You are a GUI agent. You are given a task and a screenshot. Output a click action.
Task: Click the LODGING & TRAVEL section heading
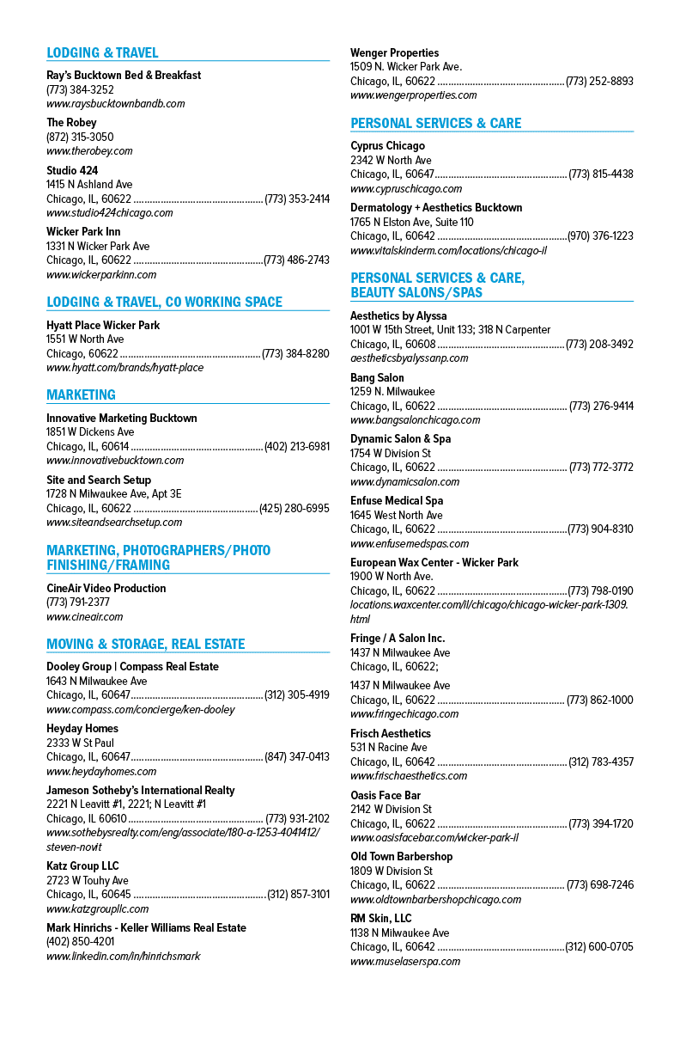102,52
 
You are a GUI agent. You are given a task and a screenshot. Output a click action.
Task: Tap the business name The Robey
71,123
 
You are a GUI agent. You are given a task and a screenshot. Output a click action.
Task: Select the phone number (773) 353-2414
297,199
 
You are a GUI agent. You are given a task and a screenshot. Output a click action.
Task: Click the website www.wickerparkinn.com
101,275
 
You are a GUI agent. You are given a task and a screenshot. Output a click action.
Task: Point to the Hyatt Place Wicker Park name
103,325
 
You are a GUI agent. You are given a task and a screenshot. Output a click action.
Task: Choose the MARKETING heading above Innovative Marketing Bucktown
82,395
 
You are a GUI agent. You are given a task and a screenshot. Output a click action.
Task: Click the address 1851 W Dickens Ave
90,432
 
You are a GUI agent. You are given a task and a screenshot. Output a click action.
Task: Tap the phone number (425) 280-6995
294,508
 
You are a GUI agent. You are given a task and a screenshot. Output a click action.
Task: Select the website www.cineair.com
84,616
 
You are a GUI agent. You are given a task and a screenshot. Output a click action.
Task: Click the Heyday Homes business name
82,729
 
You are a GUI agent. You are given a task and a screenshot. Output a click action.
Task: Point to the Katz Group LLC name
82,866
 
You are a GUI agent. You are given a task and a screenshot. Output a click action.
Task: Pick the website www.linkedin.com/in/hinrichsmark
124,957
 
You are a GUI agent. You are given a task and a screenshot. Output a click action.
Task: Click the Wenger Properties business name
395,52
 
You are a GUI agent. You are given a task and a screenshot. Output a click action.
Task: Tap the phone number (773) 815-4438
601,174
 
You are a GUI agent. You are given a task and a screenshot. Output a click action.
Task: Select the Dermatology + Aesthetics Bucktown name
436,208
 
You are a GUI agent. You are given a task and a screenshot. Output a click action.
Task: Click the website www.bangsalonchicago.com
416,420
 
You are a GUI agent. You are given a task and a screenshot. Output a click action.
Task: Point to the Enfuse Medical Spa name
397,500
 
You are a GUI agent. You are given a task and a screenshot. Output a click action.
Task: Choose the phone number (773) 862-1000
600,700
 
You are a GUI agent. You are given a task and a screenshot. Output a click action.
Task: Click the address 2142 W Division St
391,809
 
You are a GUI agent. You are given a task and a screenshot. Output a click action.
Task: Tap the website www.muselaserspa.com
405,962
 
